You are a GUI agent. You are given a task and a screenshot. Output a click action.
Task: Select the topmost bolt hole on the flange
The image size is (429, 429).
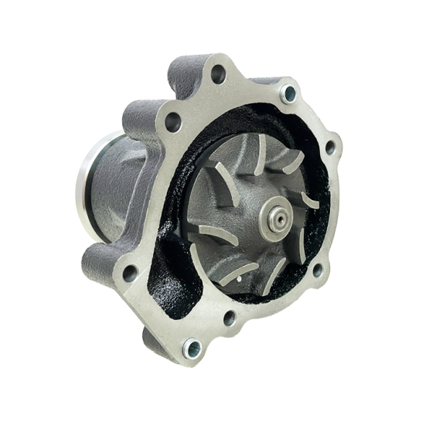[x=218, y=74]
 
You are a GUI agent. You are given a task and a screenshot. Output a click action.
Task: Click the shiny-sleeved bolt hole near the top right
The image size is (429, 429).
[x=289, y=94]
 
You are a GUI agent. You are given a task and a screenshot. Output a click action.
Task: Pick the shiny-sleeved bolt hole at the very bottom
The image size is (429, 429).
[x=190, y=350]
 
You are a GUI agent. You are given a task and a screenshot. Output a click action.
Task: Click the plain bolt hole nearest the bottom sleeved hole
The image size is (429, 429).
[x=229, y=316]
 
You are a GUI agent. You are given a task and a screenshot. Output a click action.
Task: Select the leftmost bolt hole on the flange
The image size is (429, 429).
[x=130, y=273]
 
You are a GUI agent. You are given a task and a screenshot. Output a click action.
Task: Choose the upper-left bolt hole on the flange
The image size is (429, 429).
[x=172, y=121]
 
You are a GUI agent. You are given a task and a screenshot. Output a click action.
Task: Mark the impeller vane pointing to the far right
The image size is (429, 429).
[x=309, y=203]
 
